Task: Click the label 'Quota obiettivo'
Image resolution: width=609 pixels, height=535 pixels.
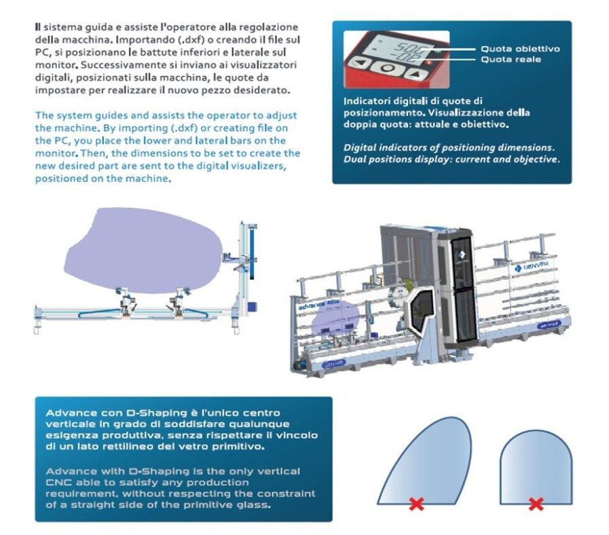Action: (x=520, y=49)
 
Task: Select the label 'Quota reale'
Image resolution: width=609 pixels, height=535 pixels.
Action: (x=511, y=60)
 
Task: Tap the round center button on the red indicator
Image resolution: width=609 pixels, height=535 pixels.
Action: (x=386, y=68)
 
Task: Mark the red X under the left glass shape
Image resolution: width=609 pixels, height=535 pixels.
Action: (x=413, y=504)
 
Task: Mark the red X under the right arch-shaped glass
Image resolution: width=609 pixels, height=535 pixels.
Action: (x=536, y=504)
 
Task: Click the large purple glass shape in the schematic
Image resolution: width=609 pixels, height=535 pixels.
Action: (x=142, y=248)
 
